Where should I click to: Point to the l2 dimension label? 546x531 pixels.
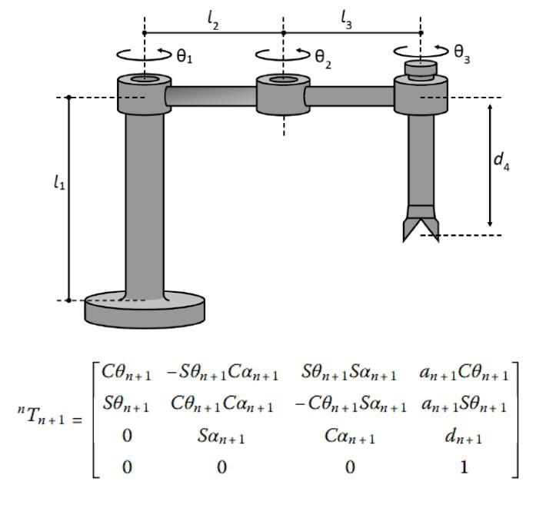pos(213,22)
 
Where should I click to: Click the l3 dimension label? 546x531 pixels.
pos(348,22)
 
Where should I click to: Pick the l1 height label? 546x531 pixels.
pos(58,181)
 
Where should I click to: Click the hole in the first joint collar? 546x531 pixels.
pos(145,80)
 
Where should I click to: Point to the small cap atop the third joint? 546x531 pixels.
pos(420,70)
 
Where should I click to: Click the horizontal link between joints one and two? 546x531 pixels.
pos(213,96)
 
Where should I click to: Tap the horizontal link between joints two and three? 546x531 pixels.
pos(350,96)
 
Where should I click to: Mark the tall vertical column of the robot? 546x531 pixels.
pos(145,200)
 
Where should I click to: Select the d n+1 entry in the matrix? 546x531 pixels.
pos(464,436)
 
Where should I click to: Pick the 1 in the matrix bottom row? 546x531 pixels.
pos(463,467)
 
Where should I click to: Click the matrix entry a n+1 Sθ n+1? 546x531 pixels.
pos(463,406)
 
